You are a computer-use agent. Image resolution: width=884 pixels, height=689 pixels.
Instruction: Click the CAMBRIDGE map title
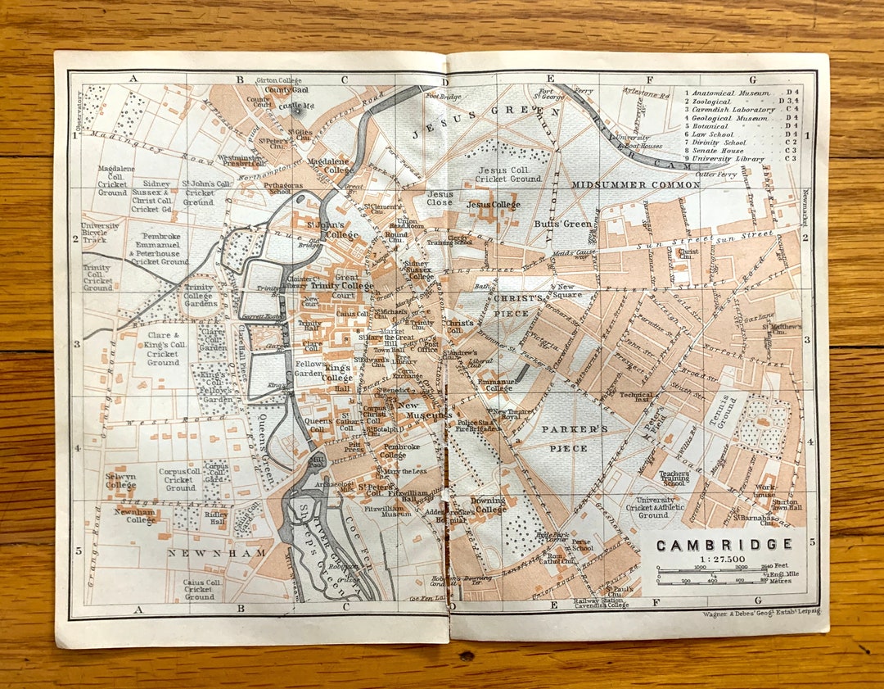[x=724, y=545]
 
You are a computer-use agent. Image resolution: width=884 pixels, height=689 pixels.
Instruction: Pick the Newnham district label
[x=217, y=553]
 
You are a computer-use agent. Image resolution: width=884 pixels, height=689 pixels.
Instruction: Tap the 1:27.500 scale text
[x=722, y=559]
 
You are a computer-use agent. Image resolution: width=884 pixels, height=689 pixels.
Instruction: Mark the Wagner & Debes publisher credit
[x=761, y=612]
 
